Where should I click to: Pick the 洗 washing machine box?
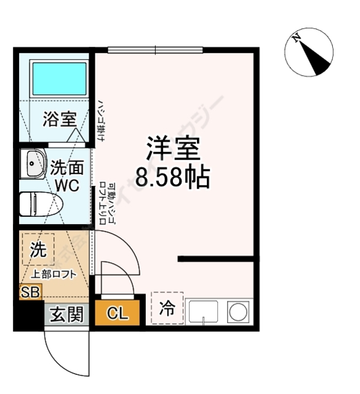click(38, 251)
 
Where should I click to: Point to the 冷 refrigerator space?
click(167, 307)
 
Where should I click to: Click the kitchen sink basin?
click(204, 312)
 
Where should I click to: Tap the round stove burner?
click(238, 312)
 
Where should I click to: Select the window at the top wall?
click(154, 49)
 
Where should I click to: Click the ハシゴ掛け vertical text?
click(99, 120)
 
